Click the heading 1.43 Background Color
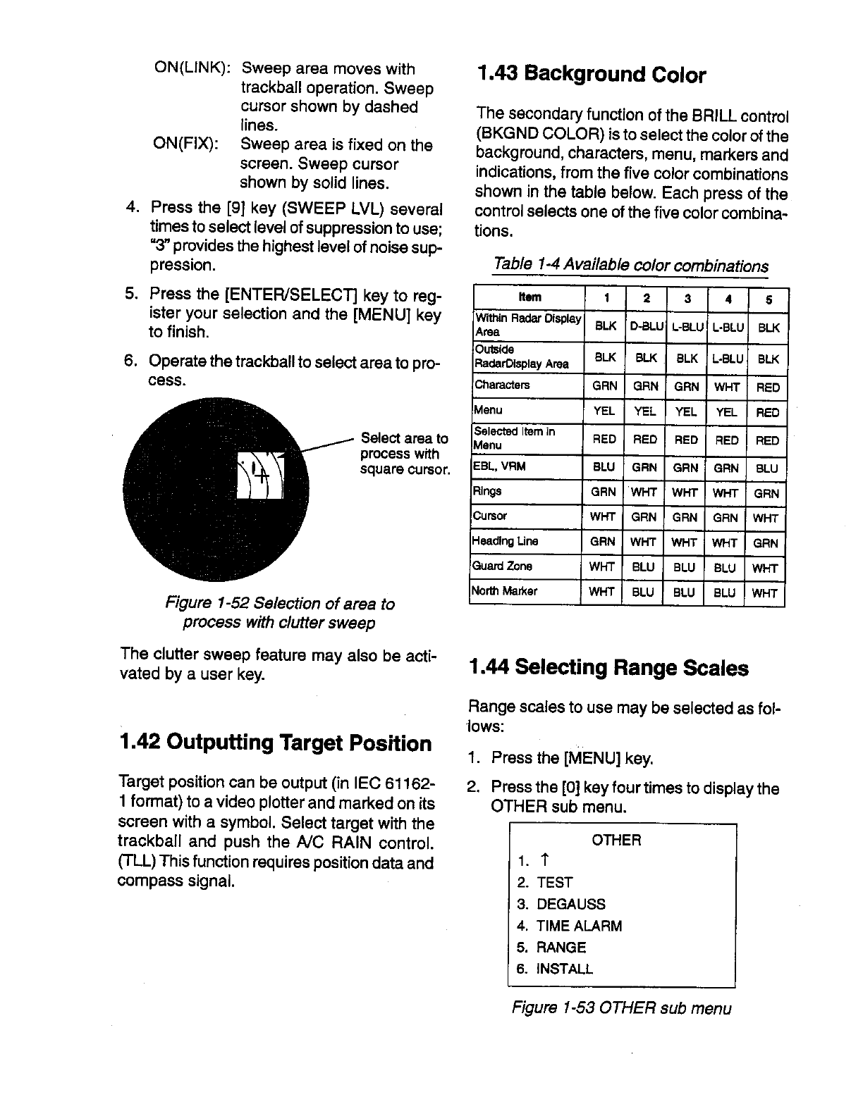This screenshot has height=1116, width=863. point(591,75)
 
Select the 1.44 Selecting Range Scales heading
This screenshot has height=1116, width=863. point(608,667)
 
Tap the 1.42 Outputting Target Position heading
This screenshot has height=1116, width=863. point(275,743)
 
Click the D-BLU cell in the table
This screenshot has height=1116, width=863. point(643,327)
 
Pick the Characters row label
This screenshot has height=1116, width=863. point(502,385)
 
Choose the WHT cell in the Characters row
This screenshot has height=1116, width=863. point(725,386)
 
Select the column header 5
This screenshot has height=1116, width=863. point(768,300)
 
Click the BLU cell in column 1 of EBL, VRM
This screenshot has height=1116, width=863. point(604,467)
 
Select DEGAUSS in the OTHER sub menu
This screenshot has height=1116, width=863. point(570,904)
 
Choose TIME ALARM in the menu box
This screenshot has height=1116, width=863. point(579,926)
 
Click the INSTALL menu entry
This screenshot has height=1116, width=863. point(564,969)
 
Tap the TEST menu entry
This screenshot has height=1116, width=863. point(554,882)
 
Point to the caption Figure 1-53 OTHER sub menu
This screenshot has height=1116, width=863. point(621,1008)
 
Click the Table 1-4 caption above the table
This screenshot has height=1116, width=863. point(630,265)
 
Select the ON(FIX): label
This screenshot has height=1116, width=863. point(185,145)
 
